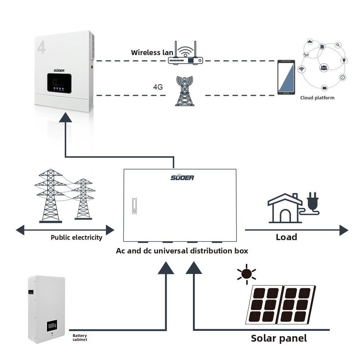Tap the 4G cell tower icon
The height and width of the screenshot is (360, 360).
(x=185, y=91)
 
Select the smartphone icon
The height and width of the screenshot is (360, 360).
(x=286, y=77)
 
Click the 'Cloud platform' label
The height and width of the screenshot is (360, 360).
(x=317, y=98)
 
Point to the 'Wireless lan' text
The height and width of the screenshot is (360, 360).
(x=152, y=53)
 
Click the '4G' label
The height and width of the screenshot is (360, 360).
(x=158, y=87)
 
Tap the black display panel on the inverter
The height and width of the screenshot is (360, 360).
(x=59, y=83)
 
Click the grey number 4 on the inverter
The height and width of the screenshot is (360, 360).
(x=41, y=48)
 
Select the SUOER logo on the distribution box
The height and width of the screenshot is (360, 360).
(x=182, y=177)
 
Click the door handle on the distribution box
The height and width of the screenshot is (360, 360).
(x=135, y=206)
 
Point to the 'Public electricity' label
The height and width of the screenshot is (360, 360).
(x=76, y=237)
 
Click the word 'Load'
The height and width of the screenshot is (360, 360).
(x=286, y=237)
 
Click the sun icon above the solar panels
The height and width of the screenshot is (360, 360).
(x=247, y=274)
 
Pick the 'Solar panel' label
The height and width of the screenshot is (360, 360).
(x=279, y=338)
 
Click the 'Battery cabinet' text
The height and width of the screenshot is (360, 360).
(x=80, y=338)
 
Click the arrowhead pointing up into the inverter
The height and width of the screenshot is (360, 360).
(x=66, y=117)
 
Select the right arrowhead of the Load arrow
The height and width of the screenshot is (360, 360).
(x=344, y=230)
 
